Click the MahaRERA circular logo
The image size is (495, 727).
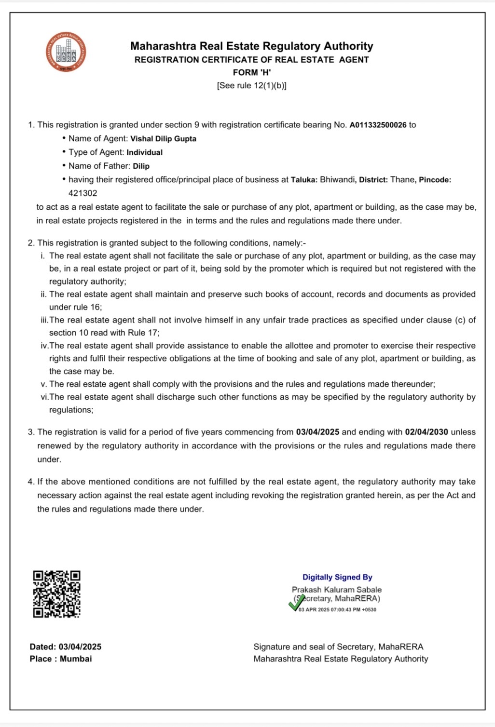66,52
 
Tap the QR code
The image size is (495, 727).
56,594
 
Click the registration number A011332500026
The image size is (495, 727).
378,125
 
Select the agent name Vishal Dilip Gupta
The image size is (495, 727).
163,139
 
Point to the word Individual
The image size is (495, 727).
144,152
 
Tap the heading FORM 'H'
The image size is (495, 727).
251,72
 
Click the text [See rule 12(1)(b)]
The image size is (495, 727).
251,86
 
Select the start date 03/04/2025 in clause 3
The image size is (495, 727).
317,432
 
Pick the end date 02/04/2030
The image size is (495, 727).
426,432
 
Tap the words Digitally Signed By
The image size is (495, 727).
337,577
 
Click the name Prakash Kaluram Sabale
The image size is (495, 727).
336,590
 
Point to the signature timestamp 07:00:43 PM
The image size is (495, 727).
345,610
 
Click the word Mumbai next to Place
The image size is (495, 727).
76,659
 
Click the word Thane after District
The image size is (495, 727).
402,180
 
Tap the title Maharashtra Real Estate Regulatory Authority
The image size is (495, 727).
251,46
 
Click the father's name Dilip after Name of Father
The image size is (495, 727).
141,166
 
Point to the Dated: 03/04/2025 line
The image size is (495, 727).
66,647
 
